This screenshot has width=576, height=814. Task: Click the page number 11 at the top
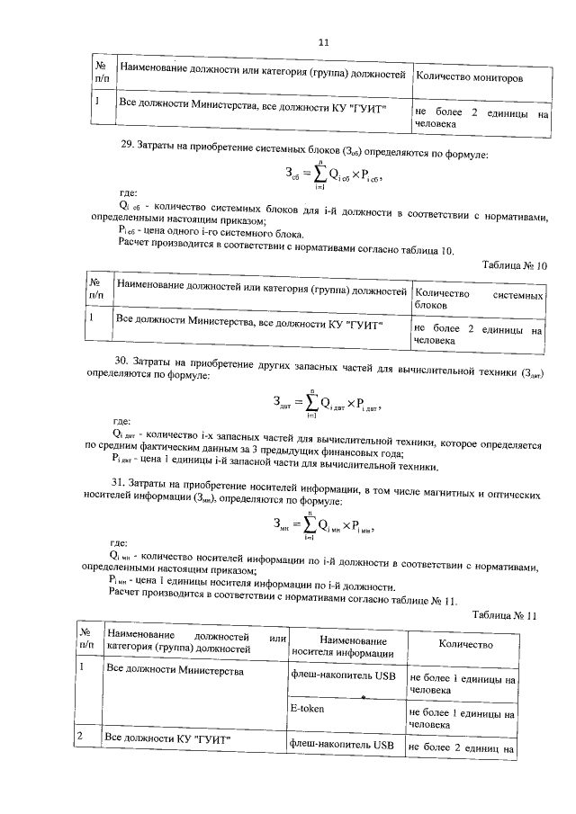(324, 41)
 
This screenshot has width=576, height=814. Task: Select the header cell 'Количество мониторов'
(469, 78)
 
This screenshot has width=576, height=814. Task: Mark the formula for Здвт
(326, 401)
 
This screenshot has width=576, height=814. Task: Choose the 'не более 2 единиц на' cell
(462, 746)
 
